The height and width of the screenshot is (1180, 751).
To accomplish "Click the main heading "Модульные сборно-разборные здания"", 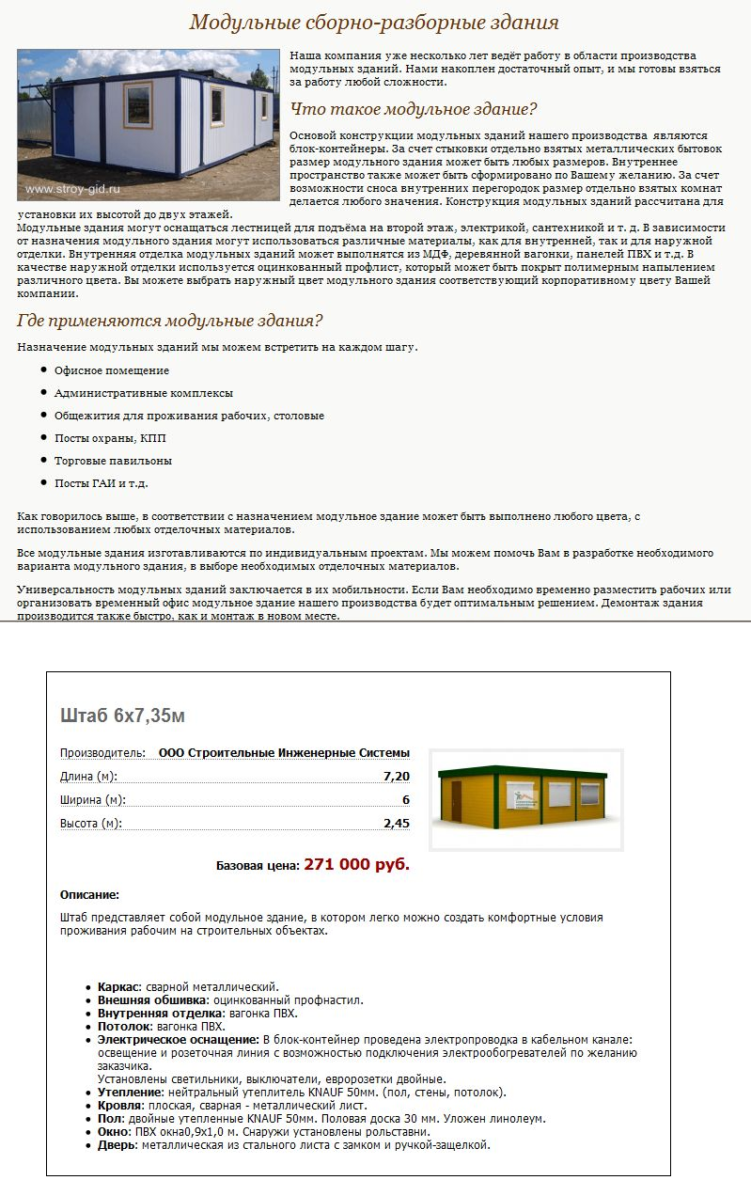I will coord(374,22).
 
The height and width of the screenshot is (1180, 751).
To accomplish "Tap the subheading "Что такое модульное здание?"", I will coord(414,108).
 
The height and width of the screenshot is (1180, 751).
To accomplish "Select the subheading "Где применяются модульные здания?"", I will coord(170,321).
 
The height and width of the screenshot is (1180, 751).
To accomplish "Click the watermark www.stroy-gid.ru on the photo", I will coord(73,189).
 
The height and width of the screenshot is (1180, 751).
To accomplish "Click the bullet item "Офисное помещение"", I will coord(112,370).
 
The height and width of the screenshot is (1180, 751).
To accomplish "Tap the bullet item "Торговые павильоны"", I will coord(113,461).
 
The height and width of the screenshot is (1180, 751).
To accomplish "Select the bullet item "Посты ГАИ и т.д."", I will coord(102,483).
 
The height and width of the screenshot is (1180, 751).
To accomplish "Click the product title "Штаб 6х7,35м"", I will coord(122,716).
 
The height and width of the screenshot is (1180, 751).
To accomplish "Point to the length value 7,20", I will coord(397,776).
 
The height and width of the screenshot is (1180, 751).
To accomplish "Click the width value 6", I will coord(406,799).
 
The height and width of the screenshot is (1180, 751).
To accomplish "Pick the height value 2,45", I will coord(397,823).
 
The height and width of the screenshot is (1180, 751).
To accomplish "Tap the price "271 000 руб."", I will coord(356,864).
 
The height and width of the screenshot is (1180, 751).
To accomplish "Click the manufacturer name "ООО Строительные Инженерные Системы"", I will coord(284,752).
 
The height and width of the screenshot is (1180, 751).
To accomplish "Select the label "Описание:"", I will coord(89,894).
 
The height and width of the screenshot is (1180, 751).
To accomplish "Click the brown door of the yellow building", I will coord(457,801).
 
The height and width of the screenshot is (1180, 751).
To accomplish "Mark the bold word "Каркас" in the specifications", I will coord(118,986).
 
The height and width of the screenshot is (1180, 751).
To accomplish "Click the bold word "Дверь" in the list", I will coord(117,1144).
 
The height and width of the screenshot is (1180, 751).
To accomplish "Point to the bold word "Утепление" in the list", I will coord(130,1092).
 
